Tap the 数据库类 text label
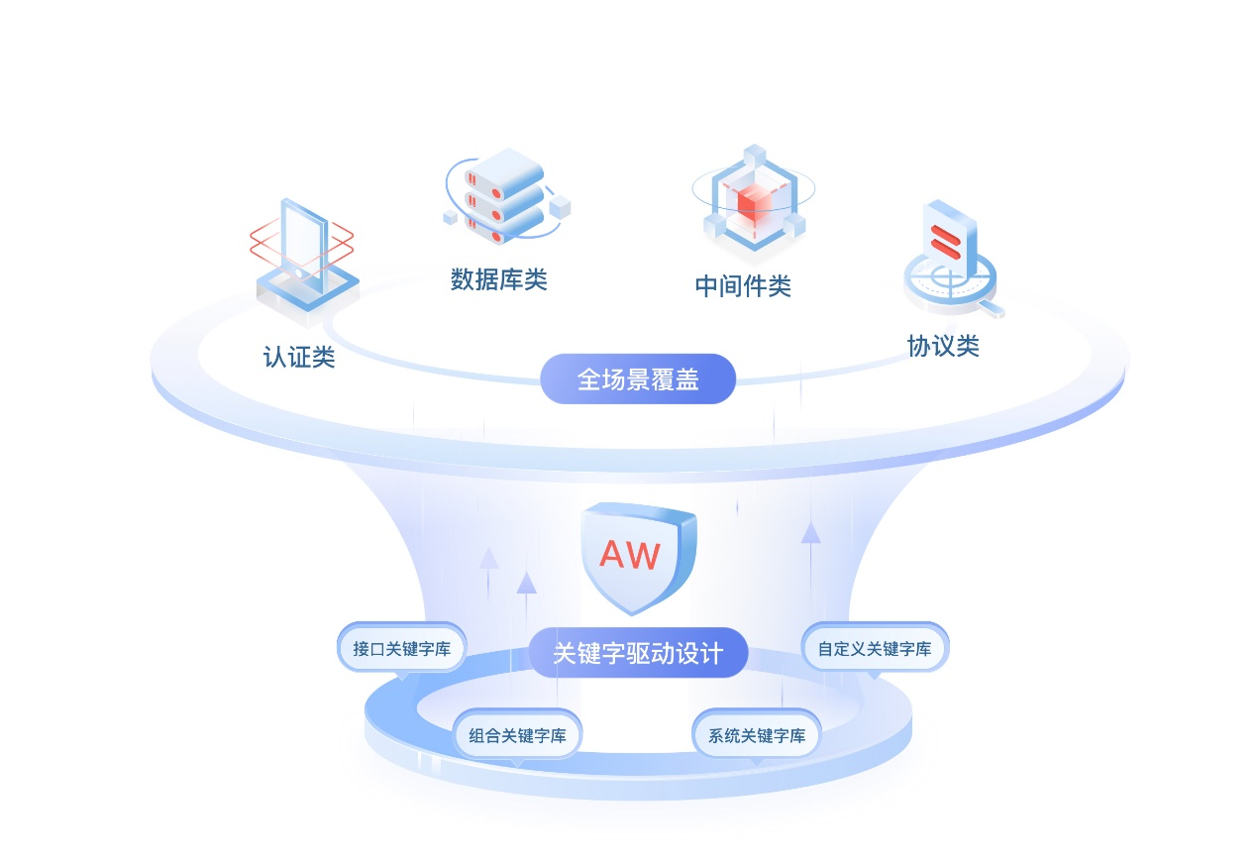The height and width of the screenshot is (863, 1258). tap(498, 279)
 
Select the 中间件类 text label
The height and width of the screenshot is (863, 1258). tap(743, 286)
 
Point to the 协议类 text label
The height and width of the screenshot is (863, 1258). tap(943, 346)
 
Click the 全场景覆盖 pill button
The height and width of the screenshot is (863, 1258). tap(638, 379)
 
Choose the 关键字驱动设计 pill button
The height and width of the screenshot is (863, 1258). tap(638, 653)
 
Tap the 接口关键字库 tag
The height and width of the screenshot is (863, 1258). tap(401, 649)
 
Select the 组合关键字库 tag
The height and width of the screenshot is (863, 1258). tap(517, 735)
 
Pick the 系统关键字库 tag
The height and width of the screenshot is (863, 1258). tap(757, 735)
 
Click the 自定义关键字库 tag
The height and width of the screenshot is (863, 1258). tap(874, 649)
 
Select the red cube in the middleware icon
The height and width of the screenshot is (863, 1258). tap(754, 204)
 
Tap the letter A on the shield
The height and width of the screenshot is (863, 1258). tap(614, 556)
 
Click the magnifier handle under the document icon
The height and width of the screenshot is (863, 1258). tap(990, 311)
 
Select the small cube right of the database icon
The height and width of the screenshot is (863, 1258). tap(560, 206)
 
